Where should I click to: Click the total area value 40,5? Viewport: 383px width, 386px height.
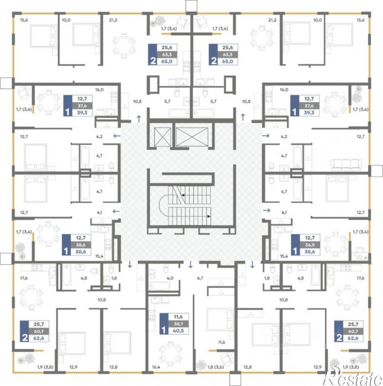pyautogui.click(x=178, y=331)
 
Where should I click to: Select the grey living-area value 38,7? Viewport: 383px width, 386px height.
pyautogui.click(x=178, y=324)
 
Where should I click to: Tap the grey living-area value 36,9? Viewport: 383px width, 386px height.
pyautogui.click(x=310, y=245)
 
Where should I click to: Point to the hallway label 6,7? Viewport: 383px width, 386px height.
pyautogui.click(x=200, y=278)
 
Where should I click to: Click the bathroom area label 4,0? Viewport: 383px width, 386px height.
pyautogui.click(x=170, y=278)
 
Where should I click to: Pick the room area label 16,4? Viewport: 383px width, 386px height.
pyautogui.click(x=156, y=367)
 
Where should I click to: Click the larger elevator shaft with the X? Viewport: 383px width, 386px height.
pyautogui.click(x=192, y=137)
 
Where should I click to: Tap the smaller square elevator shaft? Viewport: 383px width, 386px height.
pyautogui.click(x=162, y=137)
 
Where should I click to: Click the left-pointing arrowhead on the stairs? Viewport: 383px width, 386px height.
pyautogui.click(x=183, y=195)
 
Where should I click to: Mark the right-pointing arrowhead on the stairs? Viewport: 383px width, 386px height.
pyautogui.click(x=209, y=216)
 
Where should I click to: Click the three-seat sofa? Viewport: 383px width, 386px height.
pyautogui.click(x=347, y=164)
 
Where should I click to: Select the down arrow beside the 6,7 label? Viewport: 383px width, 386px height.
pyautogui.click(x=190, y=265)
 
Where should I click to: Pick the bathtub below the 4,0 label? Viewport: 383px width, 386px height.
pyautogui.click(x=159, y=286)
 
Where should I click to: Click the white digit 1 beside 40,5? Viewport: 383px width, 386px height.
pyautogui.click(x=164, y=330)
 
